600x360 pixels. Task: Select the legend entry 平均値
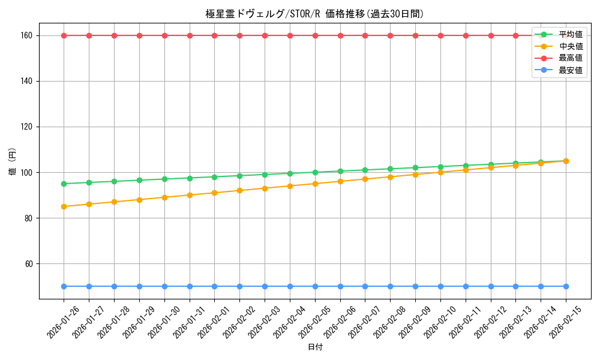[x=570, y=34]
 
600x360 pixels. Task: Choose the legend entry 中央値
[x=570, y=46]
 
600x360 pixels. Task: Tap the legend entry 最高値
[x=570, y=58]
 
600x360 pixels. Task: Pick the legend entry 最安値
[x=570, y=70]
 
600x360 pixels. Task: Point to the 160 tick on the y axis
[x=28, y=35]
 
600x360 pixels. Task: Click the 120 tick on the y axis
[x=28, y=127]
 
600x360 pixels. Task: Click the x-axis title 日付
[x=315, y=347]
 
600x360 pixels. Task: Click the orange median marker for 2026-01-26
[x=64, y=206]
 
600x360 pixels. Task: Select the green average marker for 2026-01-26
[x=64, y=184]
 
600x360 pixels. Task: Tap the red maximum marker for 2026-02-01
[x=214, y=35]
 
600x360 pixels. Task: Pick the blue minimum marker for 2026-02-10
[x=440, y=286]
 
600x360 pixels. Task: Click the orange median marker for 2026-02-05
[x=315, y=184]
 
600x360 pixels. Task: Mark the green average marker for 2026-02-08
[x=390, y=169]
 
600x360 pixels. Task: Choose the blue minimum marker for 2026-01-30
[x=164, y=286]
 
